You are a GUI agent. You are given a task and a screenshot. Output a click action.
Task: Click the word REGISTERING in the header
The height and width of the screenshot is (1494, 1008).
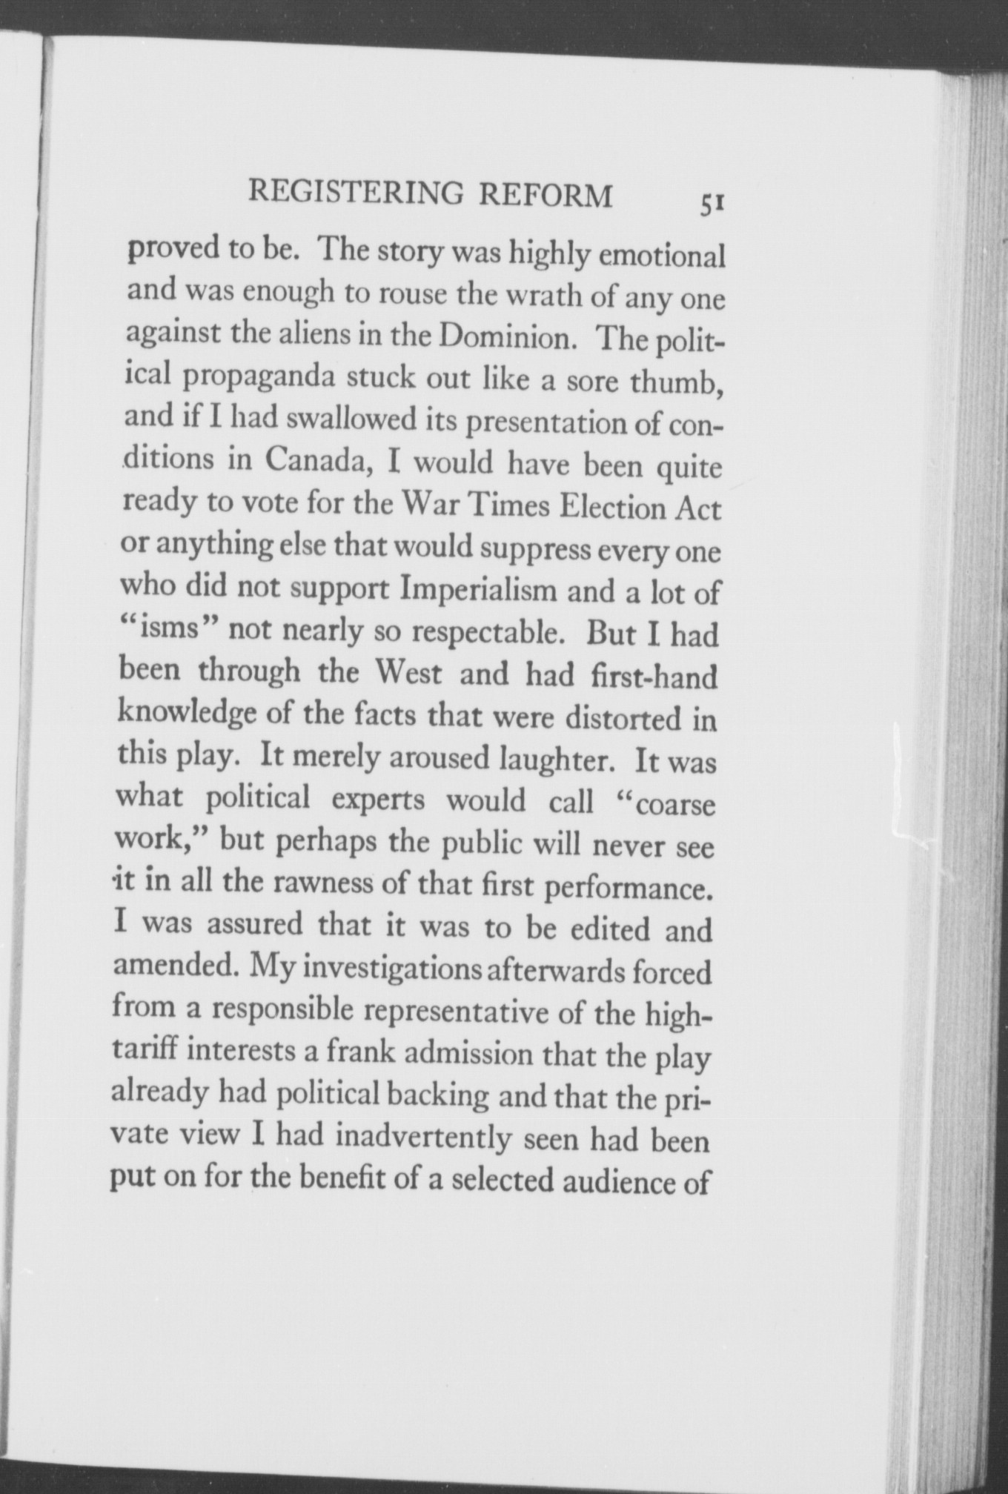click(x=355, y=193)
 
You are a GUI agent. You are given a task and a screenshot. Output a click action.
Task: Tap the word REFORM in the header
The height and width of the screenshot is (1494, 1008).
click(x=546, y=195)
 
